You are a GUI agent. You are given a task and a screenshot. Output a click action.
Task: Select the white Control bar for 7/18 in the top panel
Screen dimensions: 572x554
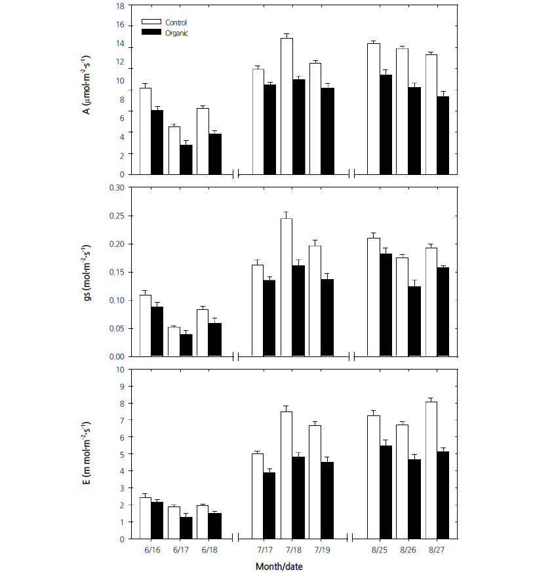click(x=287, y=106)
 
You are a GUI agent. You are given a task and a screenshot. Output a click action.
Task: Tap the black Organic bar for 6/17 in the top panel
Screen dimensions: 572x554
click(x=186, y=159)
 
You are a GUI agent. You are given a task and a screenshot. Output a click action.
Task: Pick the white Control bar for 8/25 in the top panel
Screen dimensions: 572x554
click(x=373, y=109)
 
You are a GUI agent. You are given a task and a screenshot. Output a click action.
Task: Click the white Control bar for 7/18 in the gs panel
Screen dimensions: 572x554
click(x=287, y=287)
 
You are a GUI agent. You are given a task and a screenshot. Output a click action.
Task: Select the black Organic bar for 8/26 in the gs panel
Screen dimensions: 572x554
click(x=414, y=321)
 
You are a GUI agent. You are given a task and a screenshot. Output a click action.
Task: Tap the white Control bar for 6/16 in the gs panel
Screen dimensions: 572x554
click(x=146, y=326)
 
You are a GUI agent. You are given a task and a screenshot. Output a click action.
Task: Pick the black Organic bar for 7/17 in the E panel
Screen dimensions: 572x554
click(x=269, y=505)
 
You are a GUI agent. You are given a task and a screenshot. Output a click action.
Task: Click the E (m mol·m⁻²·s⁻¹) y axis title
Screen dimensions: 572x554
click(x=86, y=453)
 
